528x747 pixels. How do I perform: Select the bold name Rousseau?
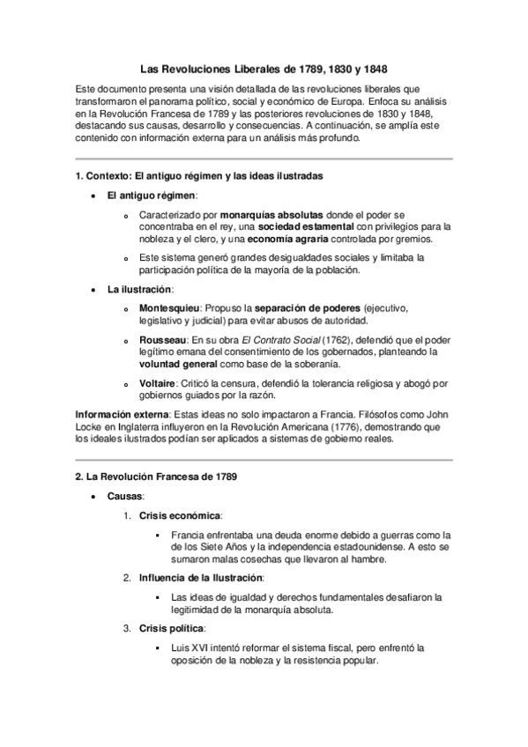(160, 339)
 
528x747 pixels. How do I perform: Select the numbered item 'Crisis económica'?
(180, 514)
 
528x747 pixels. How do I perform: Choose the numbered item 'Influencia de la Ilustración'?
(201, 577)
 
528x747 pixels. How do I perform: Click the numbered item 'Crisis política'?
(172, 628)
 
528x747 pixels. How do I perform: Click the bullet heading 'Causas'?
(124, 496)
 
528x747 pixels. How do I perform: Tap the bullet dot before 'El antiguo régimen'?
(94, 195)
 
